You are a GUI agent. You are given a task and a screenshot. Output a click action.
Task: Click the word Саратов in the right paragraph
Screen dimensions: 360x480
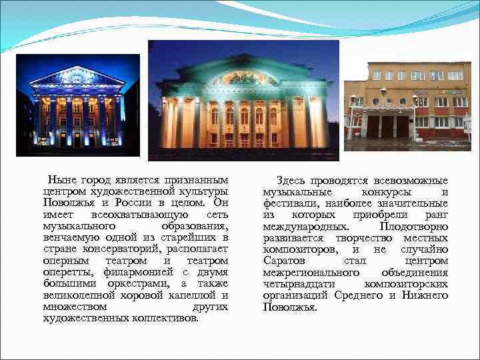(x=282, y=261)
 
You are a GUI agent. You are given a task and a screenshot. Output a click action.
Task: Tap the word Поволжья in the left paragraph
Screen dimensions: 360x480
(x=65, y=203)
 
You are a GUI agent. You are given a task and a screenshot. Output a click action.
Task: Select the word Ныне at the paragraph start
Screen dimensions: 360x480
(x=62, y=181)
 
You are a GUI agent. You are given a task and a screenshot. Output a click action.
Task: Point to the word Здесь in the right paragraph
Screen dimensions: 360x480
(x=291, y=181)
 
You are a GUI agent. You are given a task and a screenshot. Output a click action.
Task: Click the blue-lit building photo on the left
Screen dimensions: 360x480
(x=77, y=105)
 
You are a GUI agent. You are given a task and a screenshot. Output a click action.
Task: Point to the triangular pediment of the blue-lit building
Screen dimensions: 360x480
(x=77, y=75)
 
